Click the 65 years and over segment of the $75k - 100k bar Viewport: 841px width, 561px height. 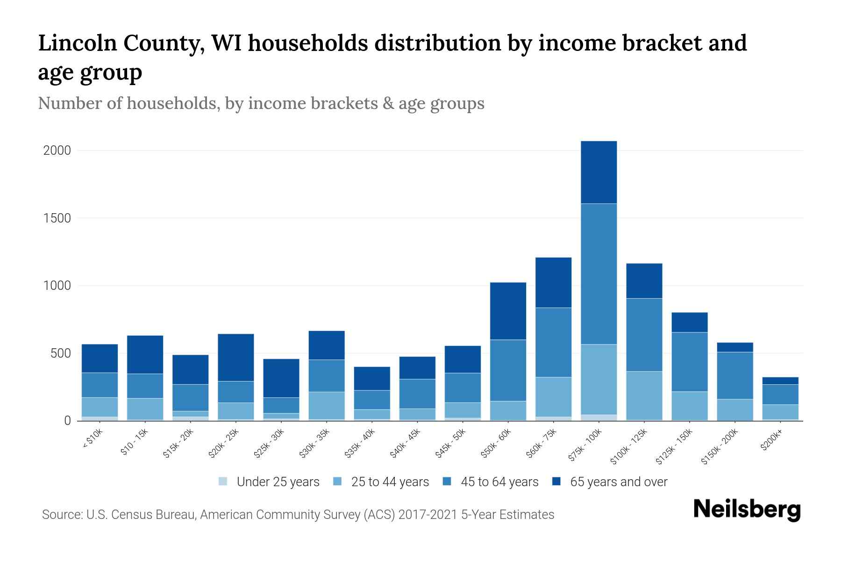pos(599,172)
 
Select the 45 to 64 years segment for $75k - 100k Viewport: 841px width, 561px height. pos(599,274)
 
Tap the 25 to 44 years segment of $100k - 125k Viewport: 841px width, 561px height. pos(644,396)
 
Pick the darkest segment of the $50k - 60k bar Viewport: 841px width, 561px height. pos(508,311)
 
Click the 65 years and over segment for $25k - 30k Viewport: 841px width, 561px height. pos(281,378)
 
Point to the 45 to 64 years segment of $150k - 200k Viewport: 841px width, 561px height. pos(735,375)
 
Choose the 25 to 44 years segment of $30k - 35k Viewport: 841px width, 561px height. pos(327,405)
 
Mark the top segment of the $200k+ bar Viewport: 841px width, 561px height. pos(780,381)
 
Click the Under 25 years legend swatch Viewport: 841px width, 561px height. pos(223,482)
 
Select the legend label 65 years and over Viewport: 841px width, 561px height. pos(619,482)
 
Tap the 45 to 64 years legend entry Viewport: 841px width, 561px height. pos(499,482)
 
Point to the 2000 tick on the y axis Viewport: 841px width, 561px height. pos(57,151)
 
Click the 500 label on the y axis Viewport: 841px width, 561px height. pos(61,353)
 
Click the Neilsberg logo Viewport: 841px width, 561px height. pos(747,510)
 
